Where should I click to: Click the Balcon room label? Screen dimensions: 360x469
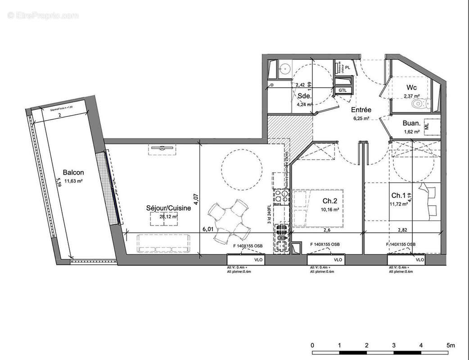click(73, 172)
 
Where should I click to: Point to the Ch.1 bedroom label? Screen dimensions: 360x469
click(399, 195)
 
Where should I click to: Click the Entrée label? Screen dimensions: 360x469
click(361, 110)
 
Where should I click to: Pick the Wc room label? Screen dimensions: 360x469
click(411, 87)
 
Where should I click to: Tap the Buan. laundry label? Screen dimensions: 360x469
click(411, 124)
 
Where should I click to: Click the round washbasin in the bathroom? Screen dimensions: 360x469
click(284, 69)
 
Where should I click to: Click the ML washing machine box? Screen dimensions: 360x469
click(433, 127)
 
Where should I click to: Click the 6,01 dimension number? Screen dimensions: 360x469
click(208, 229)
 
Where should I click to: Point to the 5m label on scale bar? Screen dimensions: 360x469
click(451, 345)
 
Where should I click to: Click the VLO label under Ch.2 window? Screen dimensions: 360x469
click(338, 260)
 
